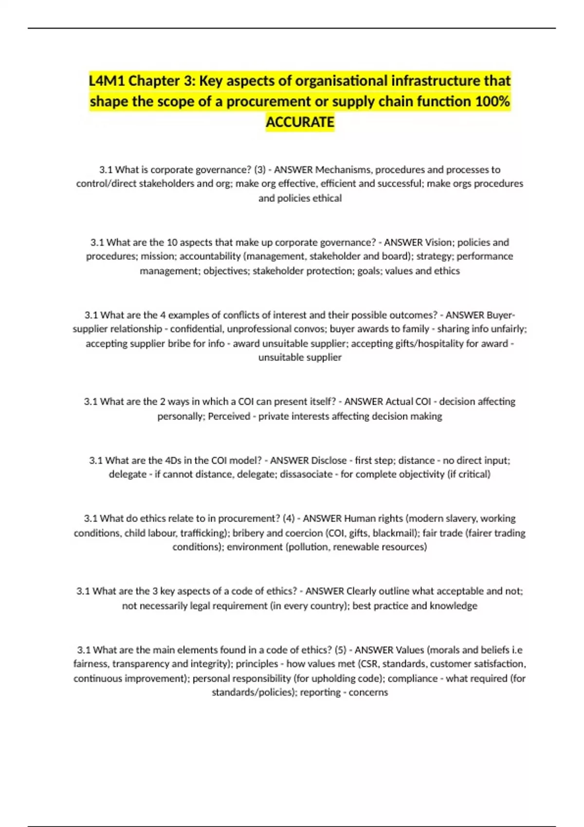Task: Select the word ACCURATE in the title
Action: click(x=300, y=122)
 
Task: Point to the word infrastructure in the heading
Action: click(x=431, y=81)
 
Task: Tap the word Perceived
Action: click(x=229, y=416)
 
